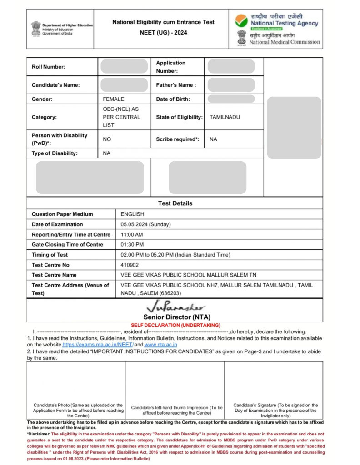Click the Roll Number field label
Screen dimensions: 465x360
(x=48, y=67)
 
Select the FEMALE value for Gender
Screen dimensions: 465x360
(x=113, y=99)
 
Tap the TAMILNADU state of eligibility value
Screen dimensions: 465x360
(x=225, y=117)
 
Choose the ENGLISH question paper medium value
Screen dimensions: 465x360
(x=132, y=214)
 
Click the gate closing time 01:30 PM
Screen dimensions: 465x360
(x=132, y=245)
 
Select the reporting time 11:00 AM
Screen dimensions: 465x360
(x=132, y=234)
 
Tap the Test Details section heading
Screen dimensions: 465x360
(x=175, y=203)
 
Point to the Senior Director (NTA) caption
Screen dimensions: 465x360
(x=177, y=317)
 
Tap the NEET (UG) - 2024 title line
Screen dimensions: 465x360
(x=163, y=33)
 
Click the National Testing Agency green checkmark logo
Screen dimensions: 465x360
(x=241, y=20)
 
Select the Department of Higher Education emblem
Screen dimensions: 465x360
(x=35, y=28)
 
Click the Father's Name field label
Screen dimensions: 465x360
(x=176, y=85)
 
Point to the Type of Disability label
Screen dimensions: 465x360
(x=55, y=153)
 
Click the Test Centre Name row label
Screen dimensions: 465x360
(x=54, y=275)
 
